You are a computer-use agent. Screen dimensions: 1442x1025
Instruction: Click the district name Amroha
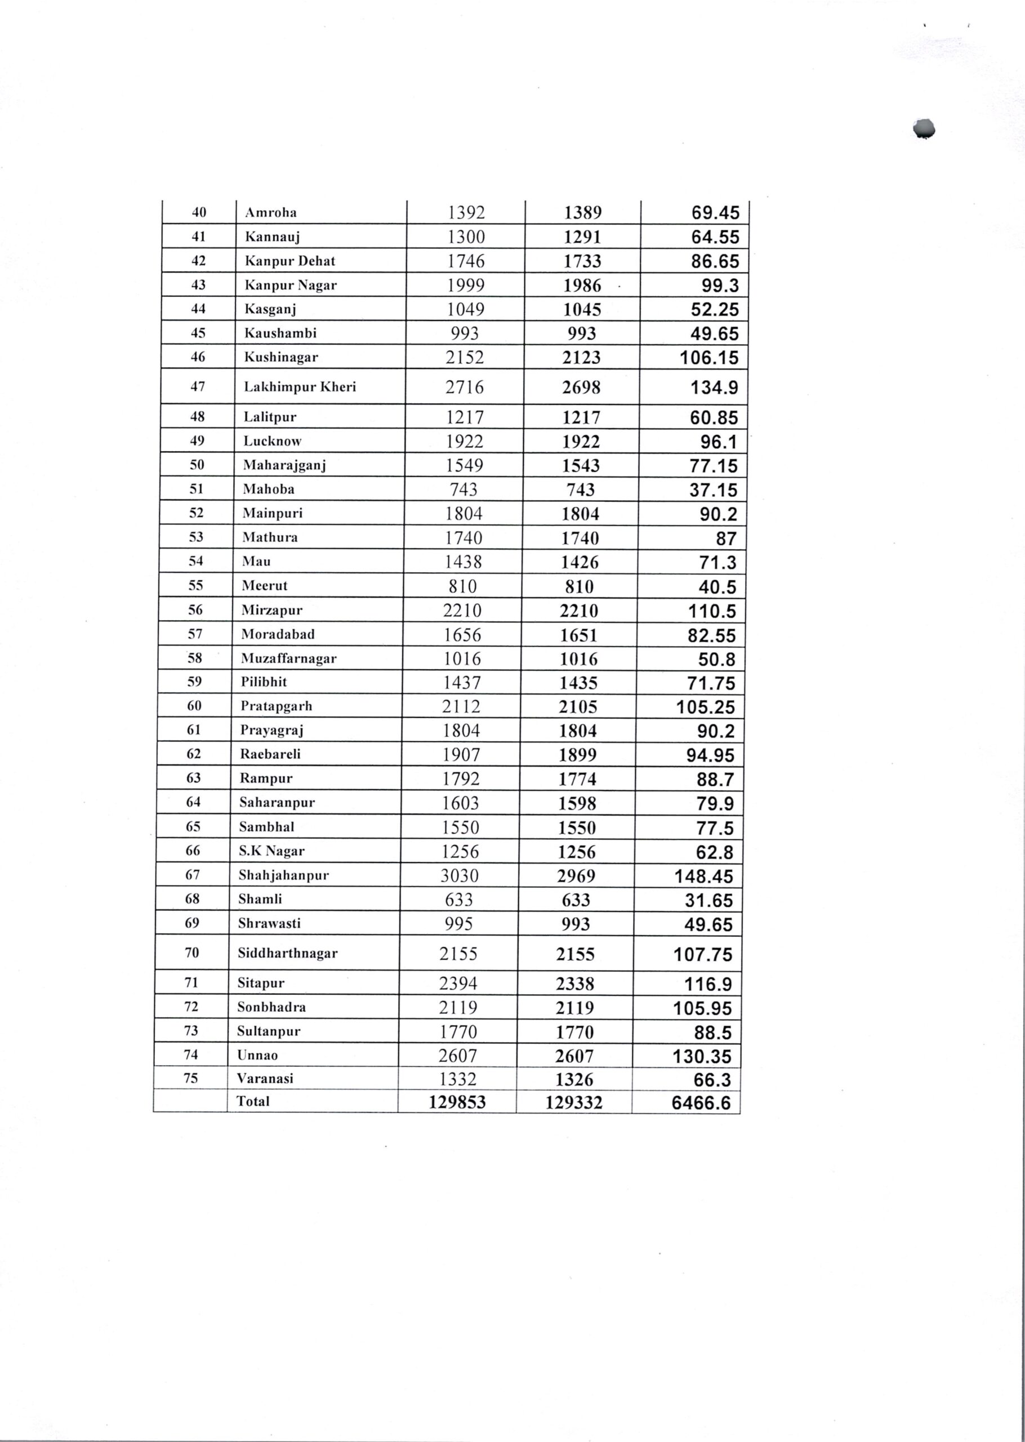(x=271, y=213)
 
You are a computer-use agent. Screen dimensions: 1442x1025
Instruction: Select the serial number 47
(x=198, y=386)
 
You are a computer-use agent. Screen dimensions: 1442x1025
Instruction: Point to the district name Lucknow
(x=273, y=441)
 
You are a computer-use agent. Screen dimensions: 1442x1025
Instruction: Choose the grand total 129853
(x=457, y=1102)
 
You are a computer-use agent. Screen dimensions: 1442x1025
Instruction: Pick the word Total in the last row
(x=253, y=1102)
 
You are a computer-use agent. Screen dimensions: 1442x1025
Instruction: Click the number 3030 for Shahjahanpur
(x=460, y=876)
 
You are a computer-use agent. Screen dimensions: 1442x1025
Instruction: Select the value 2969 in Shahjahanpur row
(x=576, y=876)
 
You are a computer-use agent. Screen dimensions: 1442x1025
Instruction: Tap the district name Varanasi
(x=265, y=1079)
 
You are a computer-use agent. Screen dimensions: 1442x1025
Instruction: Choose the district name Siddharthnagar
(x=287, y=953)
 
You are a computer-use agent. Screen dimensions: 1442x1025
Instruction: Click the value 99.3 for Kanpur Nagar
(x=720, y=286)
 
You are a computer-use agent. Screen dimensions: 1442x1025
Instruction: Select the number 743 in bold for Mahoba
(x=580, y=489)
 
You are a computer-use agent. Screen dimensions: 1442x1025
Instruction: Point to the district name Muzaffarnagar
(x=288, y=658)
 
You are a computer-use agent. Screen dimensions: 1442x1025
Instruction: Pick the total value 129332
(x=574, y=1102)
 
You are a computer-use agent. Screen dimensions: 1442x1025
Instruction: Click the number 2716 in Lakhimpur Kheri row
(x=465, y=387)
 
